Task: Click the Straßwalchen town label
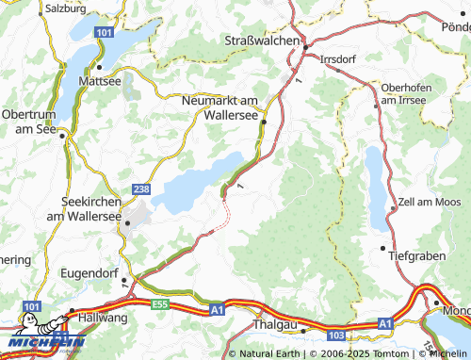[262, 41]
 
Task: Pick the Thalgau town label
[275, 324]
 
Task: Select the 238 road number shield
[141, 188]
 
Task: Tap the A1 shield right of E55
[217, 307]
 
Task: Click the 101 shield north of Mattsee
[102, 32]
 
